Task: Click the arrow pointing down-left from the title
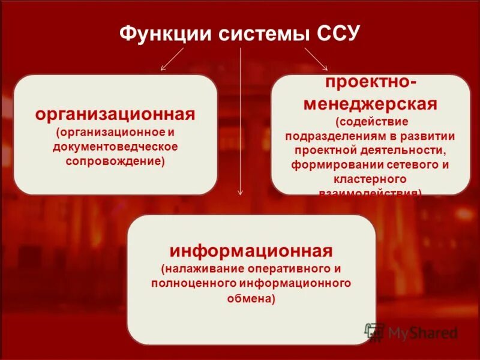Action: pos(172,60)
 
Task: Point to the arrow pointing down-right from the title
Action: pos(316,59)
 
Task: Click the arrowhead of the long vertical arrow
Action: pos(241,191)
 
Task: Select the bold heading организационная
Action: pos(115,113)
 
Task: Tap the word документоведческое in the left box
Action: pos(115,146)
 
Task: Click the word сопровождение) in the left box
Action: pos(115,162)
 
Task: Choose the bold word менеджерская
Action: pos(370,104)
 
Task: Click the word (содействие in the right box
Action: pos(370,122)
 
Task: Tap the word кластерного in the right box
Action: pos(370,179)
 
